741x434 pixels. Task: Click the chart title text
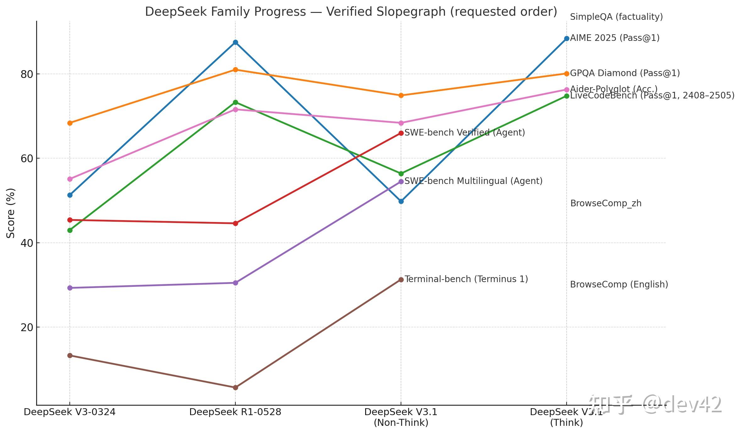click(351, 12)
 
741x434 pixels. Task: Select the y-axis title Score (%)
click(11, 213)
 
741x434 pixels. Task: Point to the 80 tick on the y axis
click(27, 74)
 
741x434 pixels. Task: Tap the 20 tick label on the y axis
click(27, 327)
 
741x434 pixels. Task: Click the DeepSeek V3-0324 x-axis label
click(69, 412)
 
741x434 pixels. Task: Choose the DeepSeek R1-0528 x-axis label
click(235, 412)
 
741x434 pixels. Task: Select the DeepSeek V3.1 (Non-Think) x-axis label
click(401, 417)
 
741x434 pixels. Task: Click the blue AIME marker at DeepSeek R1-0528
click(235, 42)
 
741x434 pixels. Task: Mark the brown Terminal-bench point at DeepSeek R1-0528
click(235, 387)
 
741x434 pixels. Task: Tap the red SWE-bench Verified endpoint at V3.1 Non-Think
click(401, 133)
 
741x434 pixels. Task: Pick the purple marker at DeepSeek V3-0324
click(70, 288)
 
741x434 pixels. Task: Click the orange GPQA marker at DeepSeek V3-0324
click(70, 123)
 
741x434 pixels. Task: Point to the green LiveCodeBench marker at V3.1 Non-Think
click(401, 174)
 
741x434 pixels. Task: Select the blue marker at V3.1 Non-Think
click(401, 201)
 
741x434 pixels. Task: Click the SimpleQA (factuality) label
click(616, 17)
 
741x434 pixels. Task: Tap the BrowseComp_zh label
click(606, 203)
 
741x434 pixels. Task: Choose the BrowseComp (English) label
click(619, 285)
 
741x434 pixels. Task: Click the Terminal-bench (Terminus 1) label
click(466, 279)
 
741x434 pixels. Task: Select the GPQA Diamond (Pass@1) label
click(625, 73)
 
